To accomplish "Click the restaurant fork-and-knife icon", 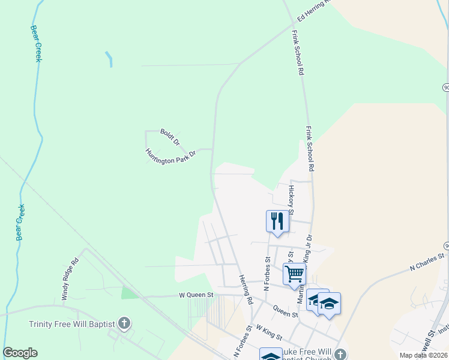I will (277, 220).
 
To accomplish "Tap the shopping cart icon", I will (295, 274).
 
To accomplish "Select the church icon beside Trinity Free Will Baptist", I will (124, 324).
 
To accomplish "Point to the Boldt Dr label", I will (170, 137).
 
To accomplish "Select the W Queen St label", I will (196, 295).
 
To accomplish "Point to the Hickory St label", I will (291, 199).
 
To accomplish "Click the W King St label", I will (268, 329).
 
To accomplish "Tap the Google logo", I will (20, 353).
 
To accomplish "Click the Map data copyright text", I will (423, 355).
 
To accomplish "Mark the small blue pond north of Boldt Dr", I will (109, 58).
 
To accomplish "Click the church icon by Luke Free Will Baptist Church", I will (340, 354).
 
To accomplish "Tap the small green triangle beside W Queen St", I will (128, 293).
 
